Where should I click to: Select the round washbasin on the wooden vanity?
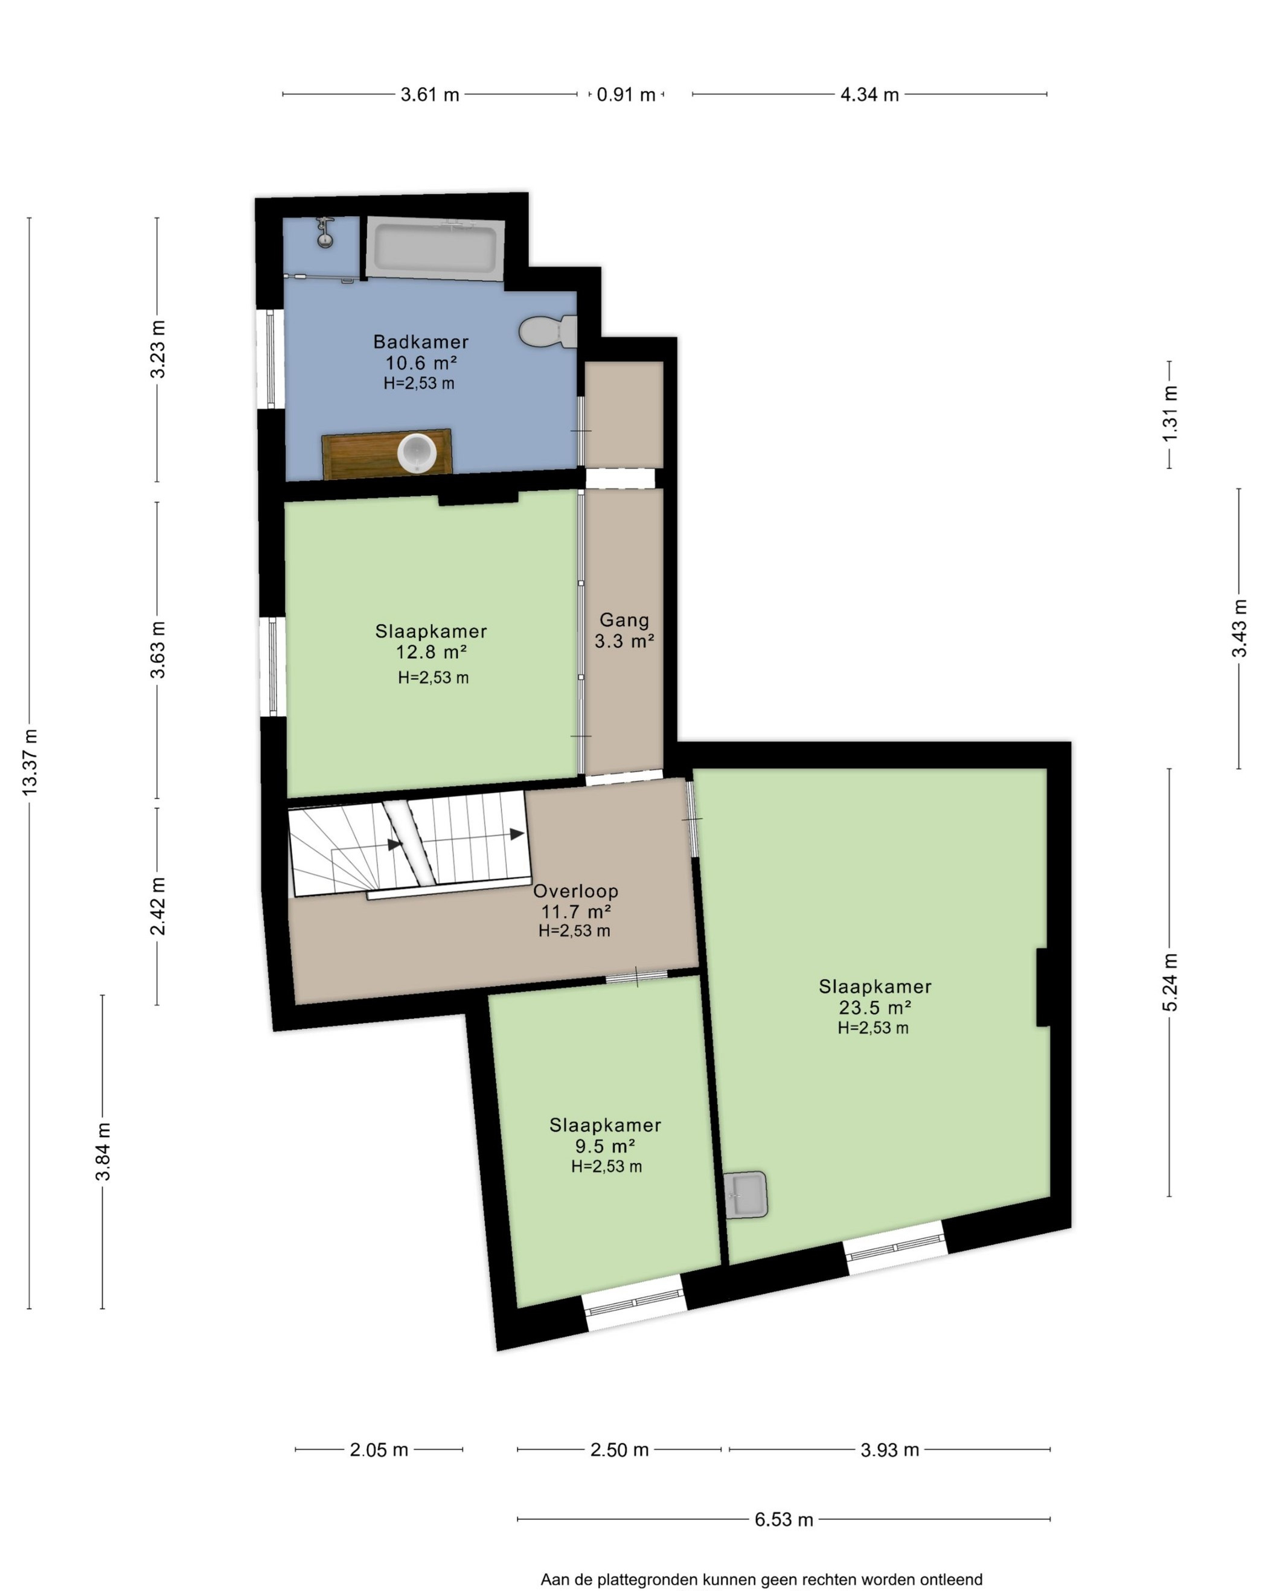pos(417,452)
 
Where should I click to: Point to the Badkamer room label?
pos(421,342)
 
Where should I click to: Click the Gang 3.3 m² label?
pos(624,630)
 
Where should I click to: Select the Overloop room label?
pos(575,891)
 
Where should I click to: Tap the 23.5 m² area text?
pos(874,1007)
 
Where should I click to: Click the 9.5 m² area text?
pos(605,1146)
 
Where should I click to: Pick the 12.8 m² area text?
pos(431,651)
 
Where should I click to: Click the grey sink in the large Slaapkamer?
pos(746,1194)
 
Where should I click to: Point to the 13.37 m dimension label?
pos(30,761)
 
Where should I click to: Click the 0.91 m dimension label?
pos(626,94)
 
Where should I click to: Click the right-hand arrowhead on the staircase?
pos(517,834)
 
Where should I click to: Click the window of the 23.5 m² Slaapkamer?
pos(894,1248)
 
